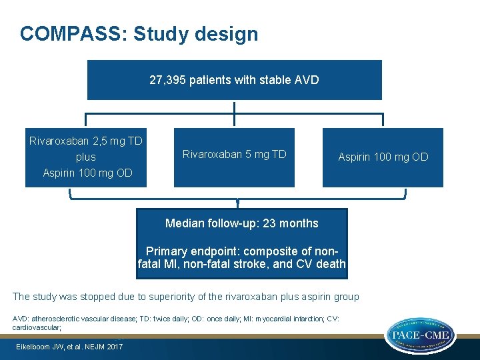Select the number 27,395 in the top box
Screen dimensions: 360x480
coord(167,80)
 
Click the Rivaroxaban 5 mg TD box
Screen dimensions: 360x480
coord(234,155)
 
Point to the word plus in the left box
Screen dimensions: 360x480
coord(86,157)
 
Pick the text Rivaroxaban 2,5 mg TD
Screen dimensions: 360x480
coord(86,141)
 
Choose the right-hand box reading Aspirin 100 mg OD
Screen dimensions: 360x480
coord(383,157)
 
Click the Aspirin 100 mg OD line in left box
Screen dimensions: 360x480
coord(87,173)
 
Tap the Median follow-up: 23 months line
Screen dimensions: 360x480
coord(241,223)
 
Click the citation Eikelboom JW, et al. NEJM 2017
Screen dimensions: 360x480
coord(69,347)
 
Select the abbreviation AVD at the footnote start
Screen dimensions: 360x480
coord(20,319)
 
